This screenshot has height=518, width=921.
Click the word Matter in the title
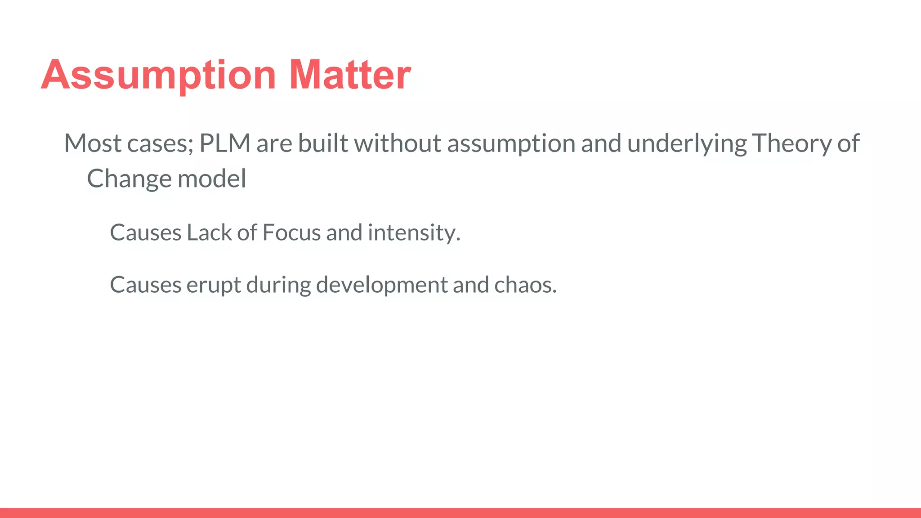[x=350, y=75]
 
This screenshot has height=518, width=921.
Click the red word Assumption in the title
[x=158, y=75]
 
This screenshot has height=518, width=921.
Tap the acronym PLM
[x=224, y=143]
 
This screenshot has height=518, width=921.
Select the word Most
[x=93, y=143]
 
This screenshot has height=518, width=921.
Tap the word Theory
[x=791, y=143]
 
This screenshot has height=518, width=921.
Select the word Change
[x=129, y=179]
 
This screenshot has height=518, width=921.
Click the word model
[x=212, y=179]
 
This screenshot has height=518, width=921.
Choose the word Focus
[x=291, y=233]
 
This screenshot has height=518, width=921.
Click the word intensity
[x=413, y=233]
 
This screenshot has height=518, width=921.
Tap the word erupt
[x=214, y=285]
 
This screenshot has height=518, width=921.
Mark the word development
[x=382, y=285]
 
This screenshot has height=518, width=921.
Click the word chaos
[x=525, y=285]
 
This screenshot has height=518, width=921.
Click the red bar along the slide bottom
[x=460, y=513]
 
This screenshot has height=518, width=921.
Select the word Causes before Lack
[x=146, y=233]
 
